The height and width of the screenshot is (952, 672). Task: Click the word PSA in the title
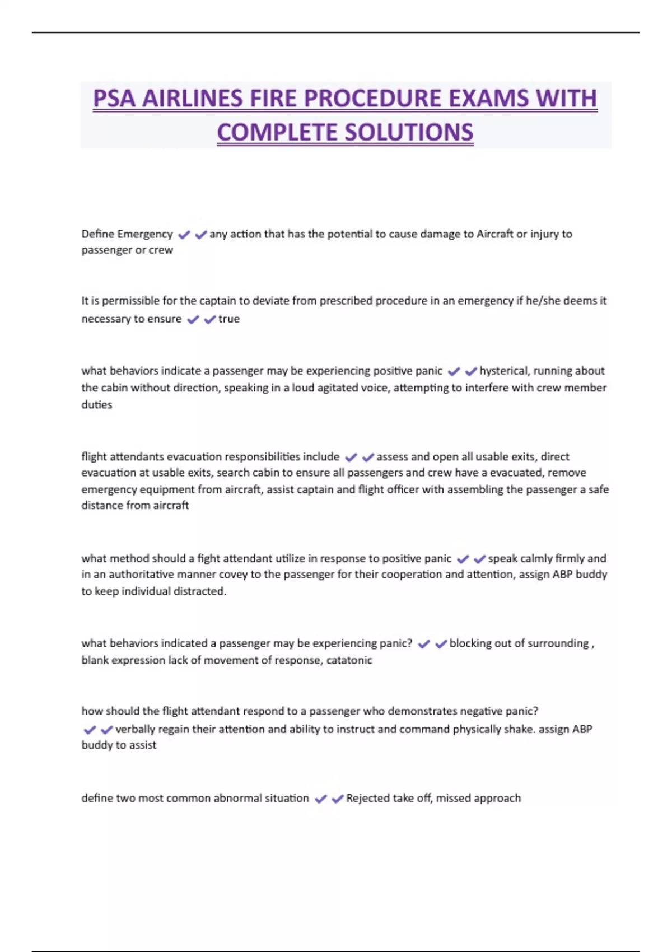114,99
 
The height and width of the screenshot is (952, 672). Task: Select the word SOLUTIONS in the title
409,133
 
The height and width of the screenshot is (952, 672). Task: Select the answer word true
229,319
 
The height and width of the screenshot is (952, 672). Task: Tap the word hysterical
504,371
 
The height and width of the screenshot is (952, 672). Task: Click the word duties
97,405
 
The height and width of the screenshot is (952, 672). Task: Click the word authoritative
141,575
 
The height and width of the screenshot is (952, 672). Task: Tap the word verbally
135,729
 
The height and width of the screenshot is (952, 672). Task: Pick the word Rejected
367,798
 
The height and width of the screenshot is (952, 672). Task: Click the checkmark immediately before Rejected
337,799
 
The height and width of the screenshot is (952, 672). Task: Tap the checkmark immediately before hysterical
471,371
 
